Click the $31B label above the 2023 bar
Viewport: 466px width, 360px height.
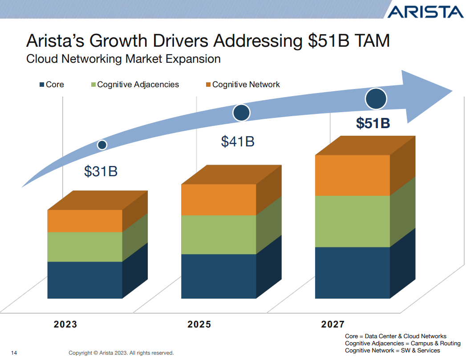101,171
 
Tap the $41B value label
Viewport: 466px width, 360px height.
238,142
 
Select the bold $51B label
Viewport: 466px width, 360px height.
373,123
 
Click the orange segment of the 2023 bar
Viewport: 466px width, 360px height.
85,221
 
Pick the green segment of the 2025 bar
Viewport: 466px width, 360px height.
219,235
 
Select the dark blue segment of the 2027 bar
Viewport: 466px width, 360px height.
352,272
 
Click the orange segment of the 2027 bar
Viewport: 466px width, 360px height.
352,175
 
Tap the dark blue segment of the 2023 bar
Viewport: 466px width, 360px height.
85,280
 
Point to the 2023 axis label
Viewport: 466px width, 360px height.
65,324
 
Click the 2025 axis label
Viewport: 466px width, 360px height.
199,324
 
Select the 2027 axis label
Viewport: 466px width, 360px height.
333,324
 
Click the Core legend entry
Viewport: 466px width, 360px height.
52,85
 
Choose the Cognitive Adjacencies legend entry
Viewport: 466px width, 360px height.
134,85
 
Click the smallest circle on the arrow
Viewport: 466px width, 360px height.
102,145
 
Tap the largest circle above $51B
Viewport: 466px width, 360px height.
376,99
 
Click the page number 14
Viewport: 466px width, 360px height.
14,353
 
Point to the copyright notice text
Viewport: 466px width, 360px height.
121,353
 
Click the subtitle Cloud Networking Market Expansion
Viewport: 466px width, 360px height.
123,59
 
